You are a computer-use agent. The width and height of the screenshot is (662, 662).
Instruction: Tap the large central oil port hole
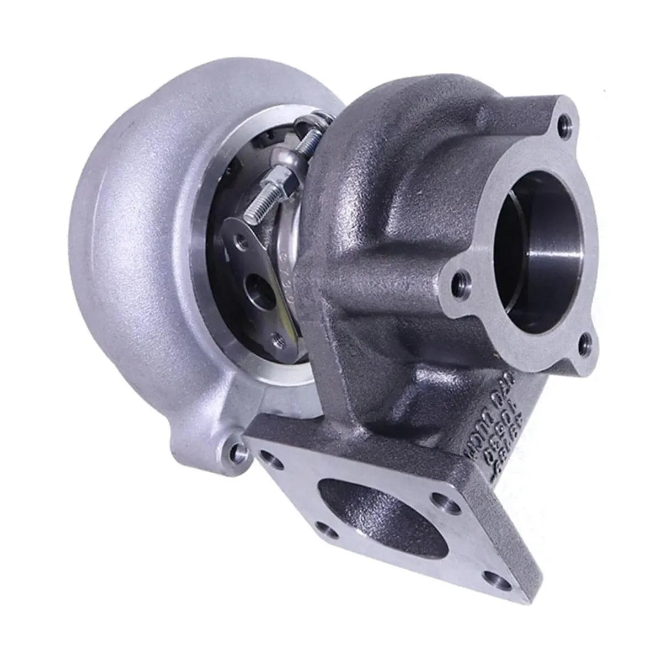[x=259, y=286]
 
